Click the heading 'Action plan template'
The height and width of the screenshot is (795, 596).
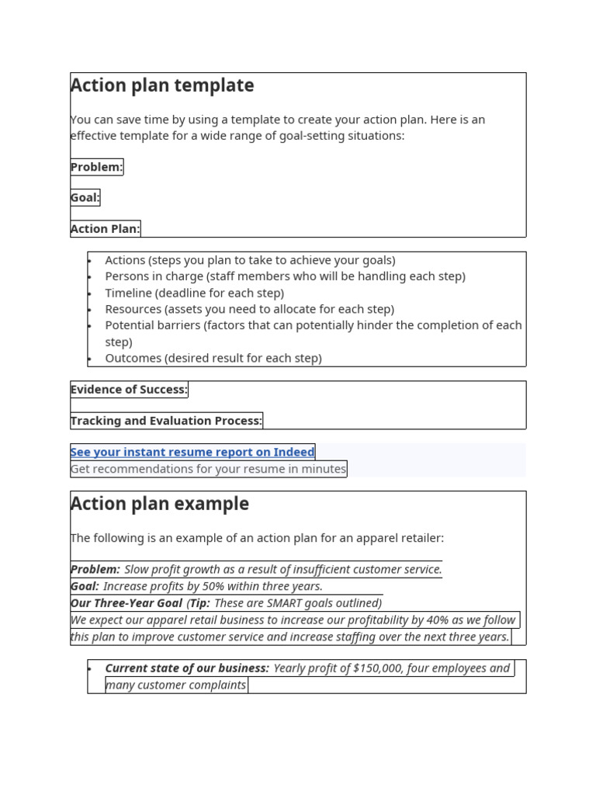(x=162, y=85)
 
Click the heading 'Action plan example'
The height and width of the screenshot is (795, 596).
(x=160, y=504)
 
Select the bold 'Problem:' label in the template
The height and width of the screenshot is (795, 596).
(x=96, y=167)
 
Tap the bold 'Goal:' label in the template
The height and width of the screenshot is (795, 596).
(x=85, y=198)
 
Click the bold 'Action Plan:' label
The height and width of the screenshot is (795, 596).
(x=106, y=229)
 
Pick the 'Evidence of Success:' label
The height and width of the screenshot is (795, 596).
(x=129, y=390)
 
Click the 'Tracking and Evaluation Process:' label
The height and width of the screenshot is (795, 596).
(x=166, y=421)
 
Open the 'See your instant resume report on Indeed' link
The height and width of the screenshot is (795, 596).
(x=192, y=452)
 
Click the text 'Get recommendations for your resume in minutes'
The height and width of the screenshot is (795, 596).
(x=208, y=469)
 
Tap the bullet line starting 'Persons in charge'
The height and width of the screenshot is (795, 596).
(x=285, y=276)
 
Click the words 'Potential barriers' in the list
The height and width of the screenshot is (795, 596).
(x=153, y=325)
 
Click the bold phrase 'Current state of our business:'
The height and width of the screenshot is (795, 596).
(x=187, y=668)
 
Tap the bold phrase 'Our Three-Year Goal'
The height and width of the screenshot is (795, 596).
(x=126, y=603)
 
